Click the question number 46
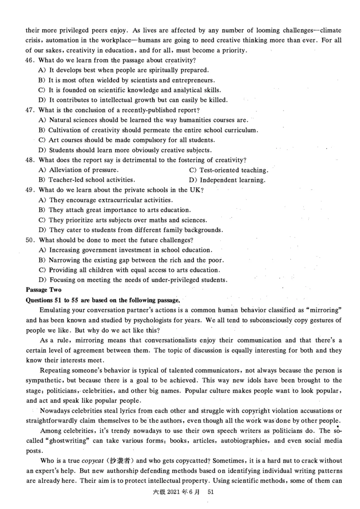31,60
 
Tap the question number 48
31,160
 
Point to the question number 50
31,240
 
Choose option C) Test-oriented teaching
229,170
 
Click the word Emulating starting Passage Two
55,310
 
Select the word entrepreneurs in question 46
215,80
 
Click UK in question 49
195,190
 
